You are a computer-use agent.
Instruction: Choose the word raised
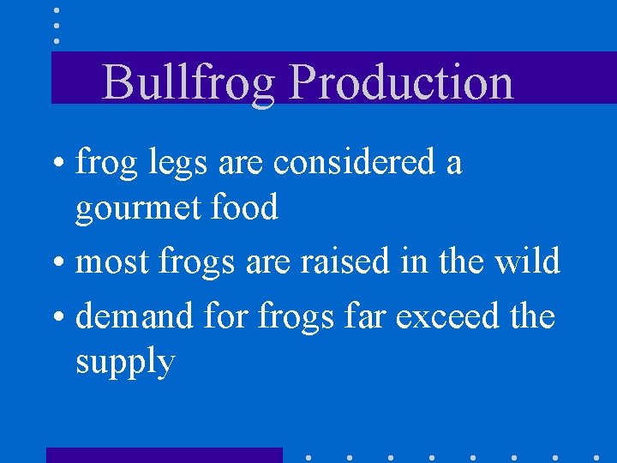tap(343, 261)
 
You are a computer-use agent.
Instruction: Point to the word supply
tap(125, 362)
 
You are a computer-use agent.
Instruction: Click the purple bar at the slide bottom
tap(164, 455)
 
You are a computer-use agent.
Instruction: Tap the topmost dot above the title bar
tap(57, 10)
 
